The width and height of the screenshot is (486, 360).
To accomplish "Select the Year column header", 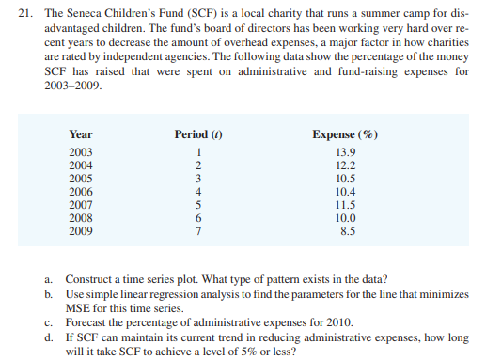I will tap(81, 134).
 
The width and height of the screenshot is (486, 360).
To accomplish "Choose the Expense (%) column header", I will tap(346, 134).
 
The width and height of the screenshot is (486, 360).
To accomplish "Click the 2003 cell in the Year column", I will tap(82, 152).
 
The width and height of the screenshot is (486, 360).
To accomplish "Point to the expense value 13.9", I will tap(346, 152).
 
